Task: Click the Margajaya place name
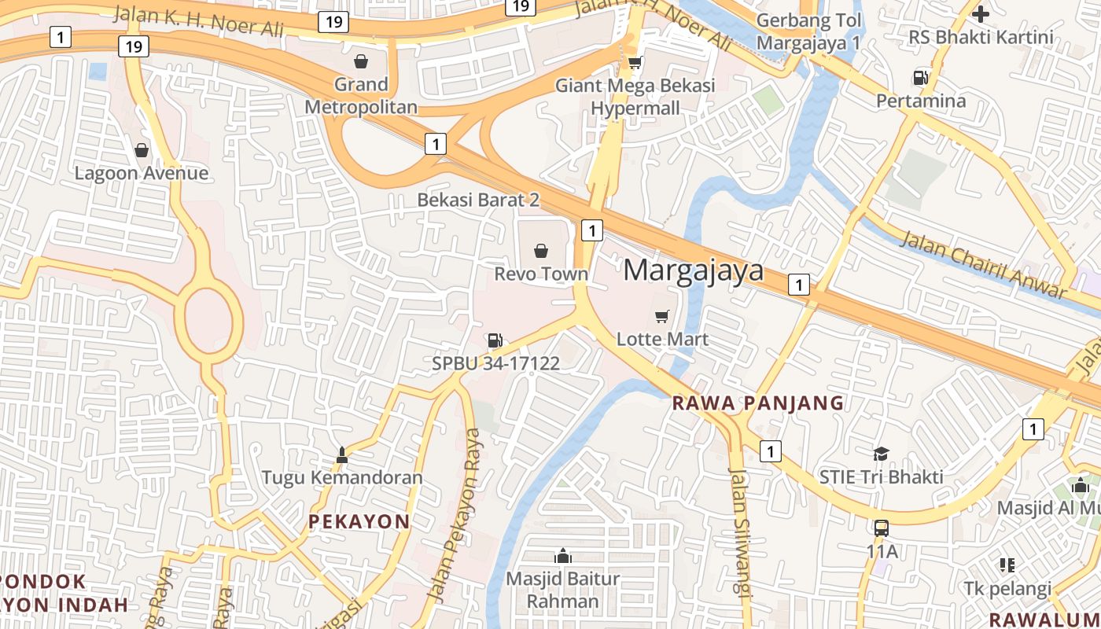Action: pyautogui.click(x=694, y=270)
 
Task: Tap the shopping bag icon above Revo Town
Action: pyautogui.click(x=541, y=251)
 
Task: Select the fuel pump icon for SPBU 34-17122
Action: pyautogui.click(x=495, y=340)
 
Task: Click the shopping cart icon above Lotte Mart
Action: pyautogui.click(x=662, y=316)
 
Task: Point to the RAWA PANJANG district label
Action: pyautogui.click(x=759, y=403)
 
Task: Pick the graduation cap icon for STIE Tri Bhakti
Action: pyautogui.click(x=881, y=454)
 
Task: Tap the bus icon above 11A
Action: pyautogui.click(x=882, y=528)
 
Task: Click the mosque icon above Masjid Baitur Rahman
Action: pyautogui.click(x=562, y=556)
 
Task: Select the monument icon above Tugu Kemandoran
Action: pyautogui.click(x=342, y=454)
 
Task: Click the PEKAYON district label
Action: pyautogui.click(x=359, y=521)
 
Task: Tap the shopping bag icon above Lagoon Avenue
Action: pyautogui.click(x=142, y=149)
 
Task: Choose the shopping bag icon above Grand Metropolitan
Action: pyautogui.click(x=361, y=61)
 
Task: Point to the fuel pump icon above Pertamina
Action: pyautogui.click(x=920, y=77)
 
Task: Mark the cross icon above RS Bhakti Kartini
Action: pyautogui.click(x=981, y=13)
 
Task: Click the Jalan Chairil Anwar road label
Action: pyautogui.click(x=983, y=265)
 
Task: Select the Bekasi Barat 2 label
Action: pyautogui.click(x=478, y=200)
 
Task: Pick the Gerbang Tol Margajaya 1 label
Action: pyautogui.click(x=809, y=31)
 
